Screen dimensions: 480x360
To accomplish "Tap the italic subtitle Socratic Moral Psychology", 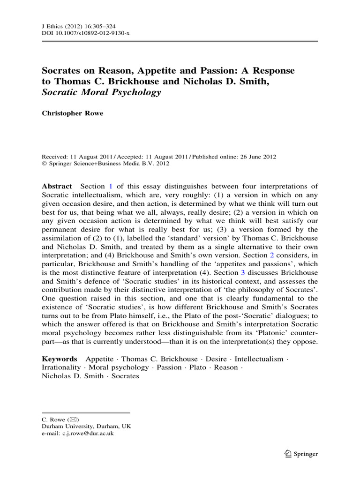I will tap(101, 92).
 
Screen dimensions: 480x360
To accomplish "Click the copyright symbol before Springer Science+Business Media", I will tap(44, 164).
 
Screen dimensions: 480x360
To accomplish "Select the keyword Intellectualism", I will tap(259, 359).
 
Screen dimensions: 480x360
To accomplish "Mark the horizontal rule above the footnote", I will tap(86, 412).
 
